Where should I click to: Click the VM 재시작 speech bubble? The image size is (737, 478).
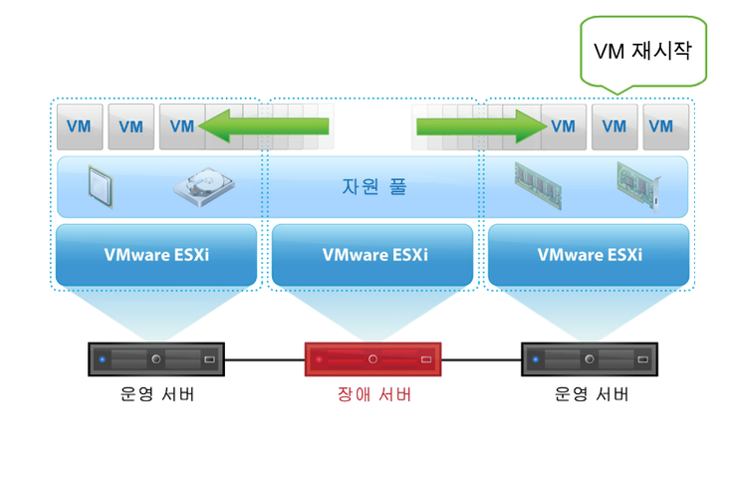(x=642, y=50)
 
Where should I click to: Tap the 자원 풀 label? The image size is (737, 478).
(x=369, y=186)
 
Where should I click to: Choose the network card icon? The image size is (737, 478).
(x=638, y=185)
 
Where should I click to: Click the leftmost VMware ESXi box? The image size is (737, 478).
(x=155, y=254)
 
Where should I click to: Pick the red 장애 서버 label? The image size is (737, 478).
(x=373, y=394)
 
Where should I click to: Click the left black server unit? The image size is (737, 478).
(x=156, y=358)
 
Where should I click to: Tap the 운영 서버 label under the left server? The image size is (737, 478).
(x=156, y=394)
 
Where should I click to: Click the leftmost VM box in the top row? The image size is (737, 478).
(x=80, y=126)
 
